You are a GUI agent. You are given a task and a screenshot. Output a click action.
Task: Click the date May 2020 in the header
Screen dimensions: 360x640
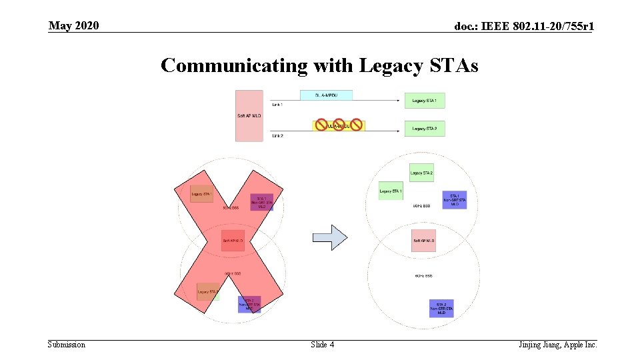73,26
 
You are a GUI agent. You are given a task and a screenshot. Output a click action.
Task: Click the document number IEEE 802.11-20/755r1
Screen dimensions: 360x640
524,27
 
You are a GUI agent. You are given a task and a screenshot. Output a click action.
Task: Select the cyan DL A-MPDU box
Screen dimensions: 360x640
326,95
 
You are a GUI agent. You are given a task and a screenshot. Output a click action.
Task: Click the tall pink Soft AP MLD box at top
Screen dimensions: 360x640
249,115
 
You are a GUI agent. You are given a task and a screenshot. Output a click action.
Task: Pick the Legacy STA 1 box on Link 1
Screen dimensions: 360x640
424,101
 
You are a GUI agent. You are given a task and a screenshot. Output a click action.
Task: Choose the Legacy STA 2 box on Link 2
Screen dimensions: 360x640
424,128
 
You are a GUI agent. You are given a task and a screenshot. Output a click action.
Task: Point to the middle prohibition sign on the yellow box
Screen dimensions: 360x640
339,125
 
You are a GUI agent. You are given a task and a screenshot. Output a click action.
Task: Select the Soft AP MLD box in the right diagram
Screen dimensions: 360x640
423,241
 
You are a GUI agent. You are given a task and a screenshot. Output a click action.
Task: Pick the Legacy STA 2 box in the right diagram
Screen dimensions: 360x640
421,173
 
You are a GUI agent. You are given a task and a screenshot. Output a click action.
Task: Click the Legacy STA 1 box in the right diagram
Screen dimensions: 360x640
391,191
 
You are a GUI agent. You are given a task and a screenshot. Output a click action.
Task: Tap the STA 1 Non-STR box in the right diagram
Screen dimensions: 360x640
454,199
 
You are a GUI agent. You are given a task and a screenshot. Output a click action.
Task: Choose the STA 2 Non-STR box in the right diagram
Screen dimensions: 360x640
441,308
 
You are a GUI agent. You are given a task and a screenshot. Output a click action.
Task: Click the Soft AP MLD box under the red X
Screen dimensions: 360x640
233,240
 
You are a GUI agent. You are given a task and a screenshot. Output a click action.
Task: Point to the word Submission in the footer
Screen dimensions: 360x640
67,345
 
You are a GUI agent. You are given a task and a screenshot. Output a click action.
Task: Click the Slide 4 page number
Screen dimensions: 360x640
322,345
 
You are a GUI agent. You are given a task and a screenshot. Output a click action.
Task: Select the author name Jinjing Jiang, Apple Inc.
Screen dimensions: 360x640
557,345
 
